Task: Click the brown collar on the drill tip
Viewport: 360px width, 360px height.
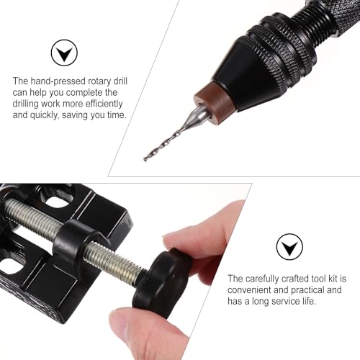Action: click(214, 101)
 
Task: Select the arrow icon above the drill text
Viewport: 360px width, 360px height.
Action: click(64, 53)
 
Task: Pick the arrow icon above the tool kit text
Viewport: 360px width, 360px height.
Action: click(289, 247)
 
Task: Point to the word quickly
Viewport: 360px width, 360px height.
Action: click(44, 115)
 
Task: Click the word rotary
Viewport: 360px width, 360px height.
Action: click(99, 82)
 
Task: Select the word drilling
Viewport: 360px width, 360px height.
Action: click(25, 104)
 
